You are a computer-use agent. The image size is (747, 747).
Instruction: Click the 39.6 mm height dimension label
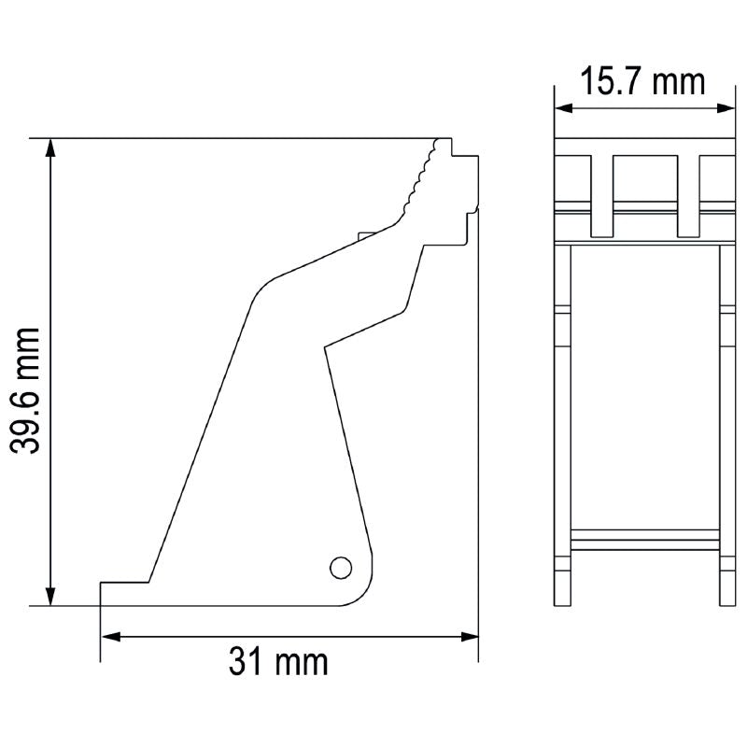(30, 389)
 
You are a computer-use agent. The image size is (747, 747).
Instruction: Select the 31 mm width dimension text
(278, 662)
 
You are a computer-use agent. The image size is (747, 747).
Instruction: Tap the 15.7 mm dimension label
(641, 81)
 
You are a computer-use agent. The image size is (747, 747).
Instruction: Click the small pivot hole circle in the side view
(341, 566)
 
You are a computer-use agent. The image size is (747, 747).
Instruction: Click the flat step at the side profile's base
(123, 584)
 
